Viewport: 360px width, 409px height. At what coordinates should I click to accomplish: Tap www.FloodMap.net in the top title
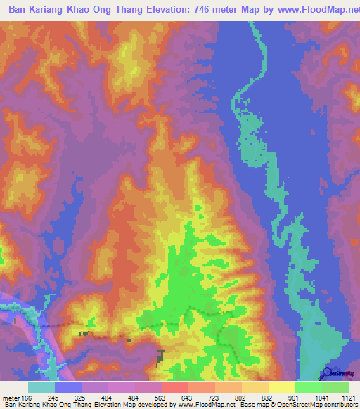(303, 9)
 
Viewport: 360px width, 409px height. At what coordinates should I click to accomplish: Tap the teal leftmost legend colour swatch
(41, 387)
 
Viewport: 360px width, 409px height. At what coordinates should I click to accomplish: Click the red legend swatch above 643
(174, 387)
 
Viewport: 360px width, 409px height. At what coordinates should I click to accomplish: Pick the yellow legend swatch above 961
(281, 387)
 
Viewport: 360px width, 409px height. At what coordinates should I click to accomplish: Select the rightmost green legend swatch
(335, 387)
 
